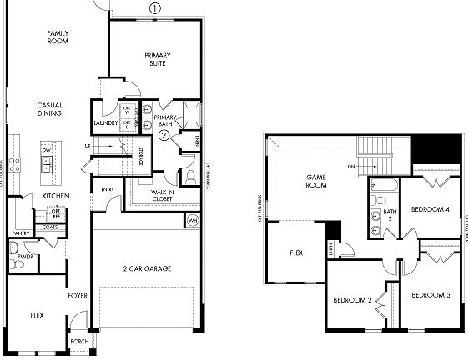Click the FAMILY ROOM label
58,38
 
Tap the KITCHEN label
55,196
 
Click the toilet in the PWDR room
14,248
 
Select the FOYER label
78,295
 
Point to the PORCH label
79,341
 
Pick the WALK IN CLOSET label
162,196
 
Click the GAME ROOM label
315,182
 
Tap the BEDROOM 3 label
430,295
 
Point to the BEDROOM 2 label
351,299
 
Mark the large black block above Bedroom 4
439,151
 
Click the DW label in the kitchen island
46,150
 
